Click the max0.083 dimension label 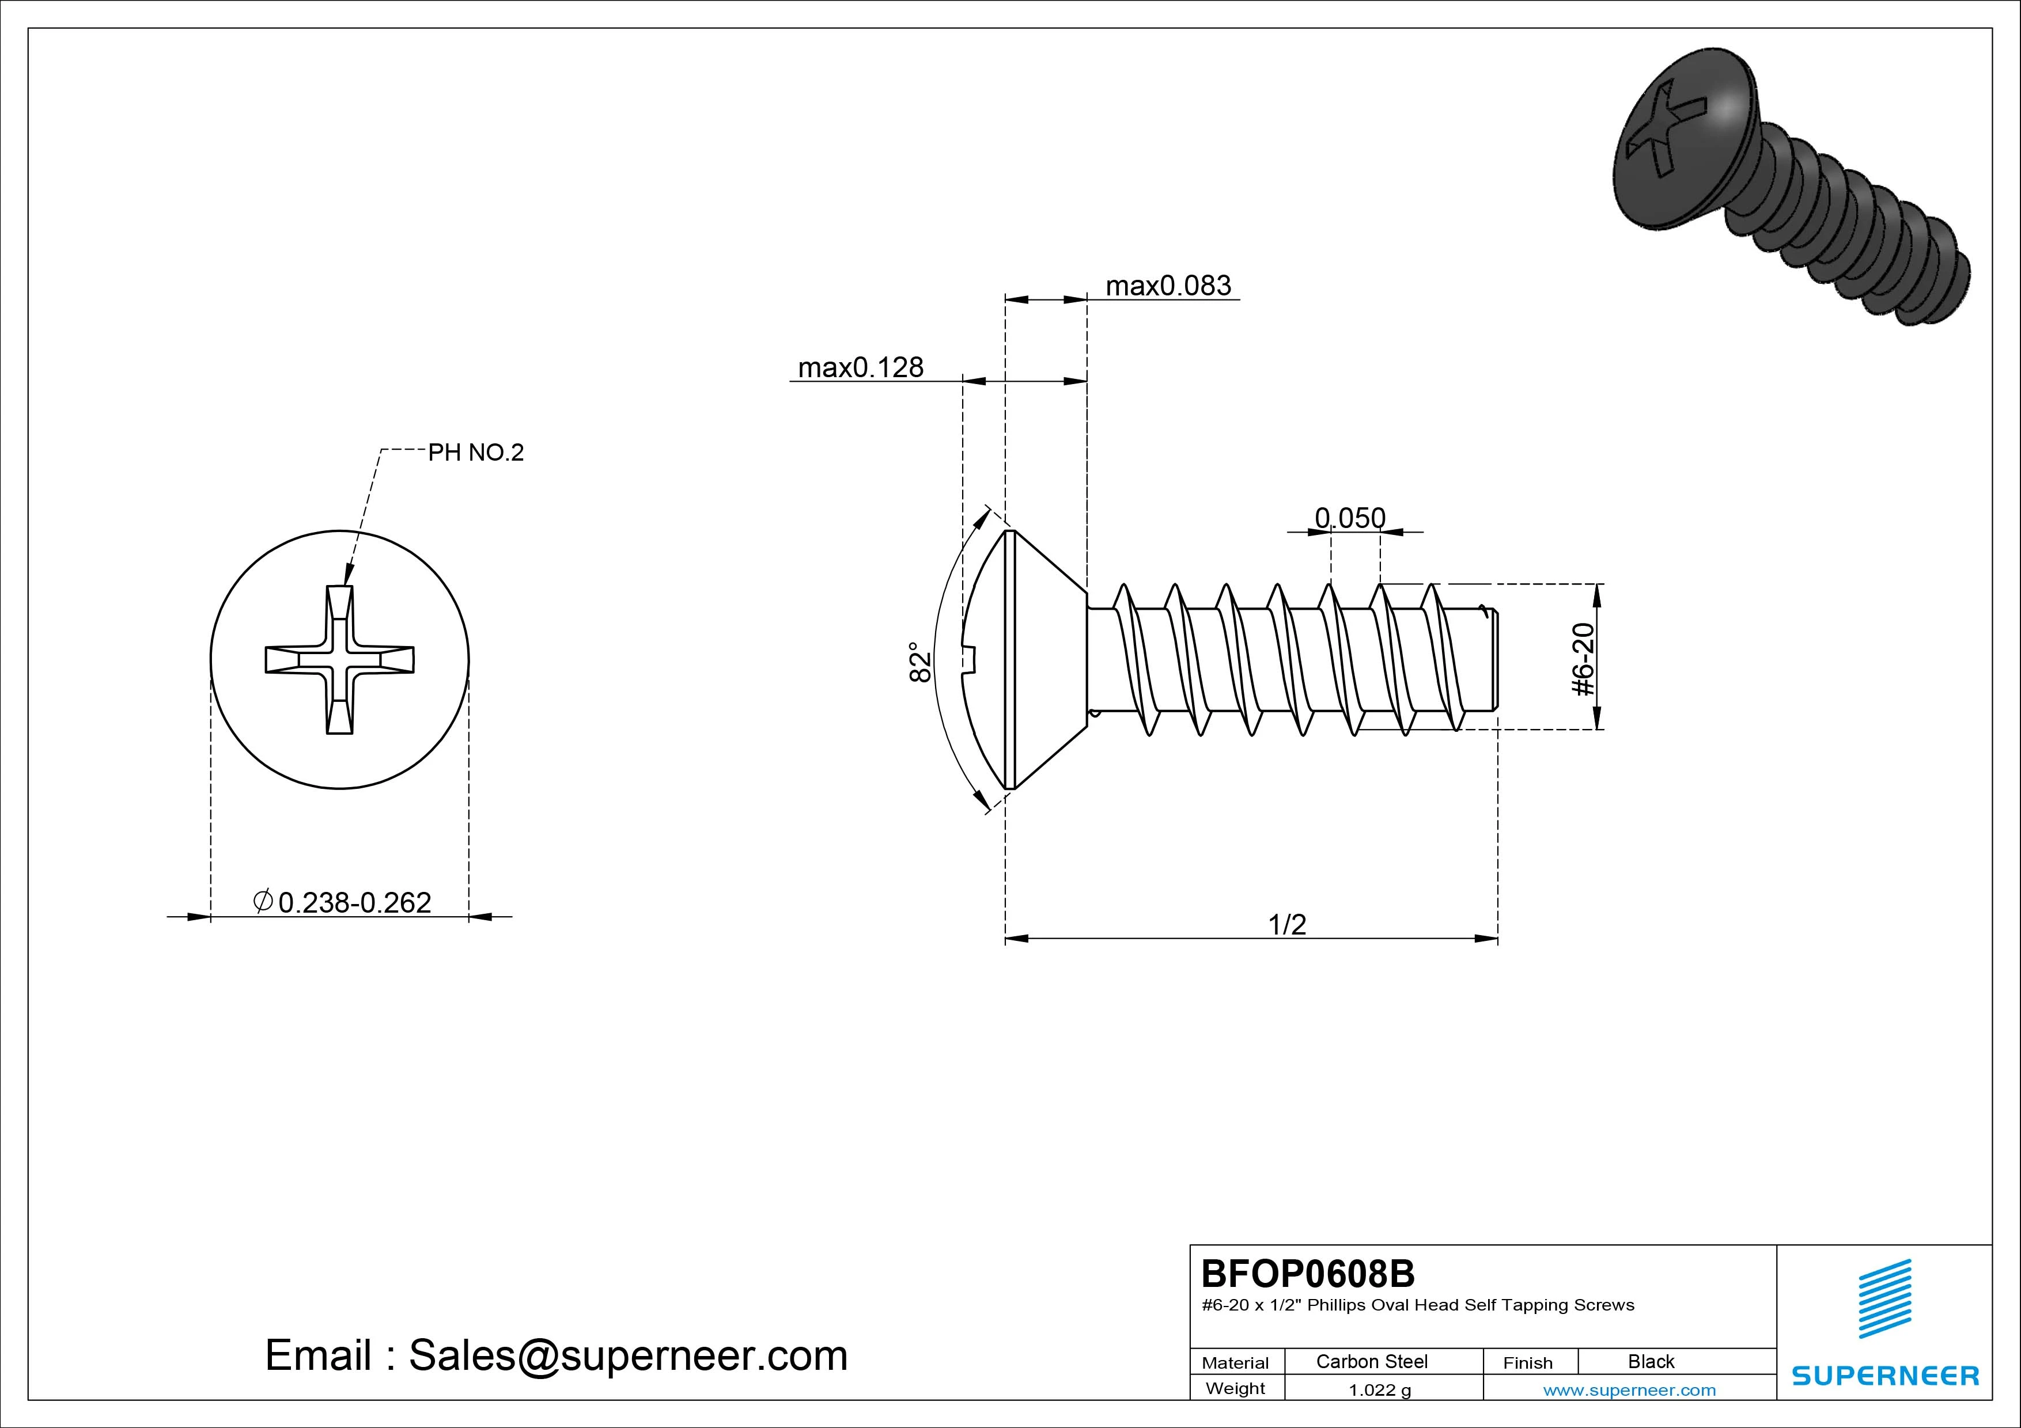coord(1168,286)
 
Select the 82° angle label coord(920,662)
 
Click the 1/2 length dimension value coord(1287,924)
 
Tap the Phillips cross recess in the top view coord(340,660)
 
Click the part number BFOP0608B coord(1308,1273)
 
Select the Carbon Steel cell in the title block coord(1371,1361)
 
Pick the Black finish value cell coord(1651,1361)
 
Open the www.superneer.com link coord(1629,1390)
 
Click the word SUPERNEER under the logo coord(1884,1375)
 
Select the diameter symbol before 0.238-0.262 coord(262,901)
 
